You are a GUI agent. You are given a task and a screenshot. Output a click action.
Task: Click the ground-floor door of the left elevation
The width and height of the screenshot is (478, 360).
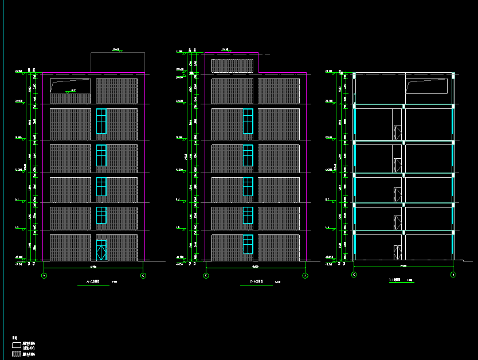(x=101, y=250)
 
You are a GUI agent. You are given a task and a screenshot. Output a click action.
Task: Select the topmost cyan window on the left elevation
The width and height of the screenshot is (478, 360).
(x=101, y=121)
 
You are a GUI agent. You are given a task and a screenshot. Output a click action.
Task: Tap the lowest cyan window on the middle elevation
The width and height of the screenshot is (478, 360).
(x=248, y=244)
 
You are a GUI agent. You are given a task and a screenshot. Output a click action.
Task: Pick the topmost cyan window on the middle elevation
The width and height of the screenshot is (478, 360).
(x=248, y=121)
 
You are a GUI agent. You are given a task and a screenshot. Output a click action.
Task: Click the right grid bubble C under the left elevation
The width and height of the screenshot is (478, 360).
(x=143, y=276)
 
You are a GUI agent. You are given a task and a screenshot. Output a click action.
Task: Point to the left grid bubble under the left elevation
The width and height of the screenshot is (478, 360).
(x=44, y=276)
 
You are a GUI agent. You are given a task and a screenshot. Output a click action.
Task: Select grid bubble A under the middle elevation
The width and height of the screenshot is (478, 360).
(x=305, y=276)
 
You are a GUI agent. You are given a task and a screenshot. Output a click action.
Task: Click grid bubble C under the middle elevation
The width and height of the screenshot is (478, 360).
(x=206, y=276)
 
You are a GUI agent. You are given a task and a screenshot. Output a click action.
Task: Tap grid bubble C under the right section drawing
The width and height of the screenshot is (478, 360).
(x=354, y=275)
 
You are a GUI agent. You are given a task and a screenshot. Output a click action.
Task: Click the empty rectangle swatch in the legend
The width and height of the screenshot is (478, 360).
(x=16, y=345)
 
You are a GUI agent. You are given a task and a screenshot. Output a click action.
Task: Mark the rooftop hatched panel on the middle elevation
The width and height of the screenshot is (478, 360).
(x=233, y=65)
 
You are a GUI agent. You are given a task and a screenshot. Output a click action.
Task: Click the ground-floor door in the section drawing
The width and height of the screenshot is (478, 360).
(x=397, y=252)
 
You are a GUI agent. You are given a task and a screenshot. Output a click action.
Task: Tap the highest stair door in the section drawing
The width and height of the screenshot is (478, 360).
(x=397, y=131)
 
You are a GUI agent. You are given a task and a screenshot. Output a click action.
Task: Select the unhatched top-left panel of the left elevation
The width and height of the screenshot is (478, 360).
(x=70, y=86)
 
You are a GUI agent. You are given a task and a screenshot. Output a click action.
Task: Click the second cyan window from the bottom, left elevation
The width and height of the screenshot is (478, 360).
(x=101, y=215)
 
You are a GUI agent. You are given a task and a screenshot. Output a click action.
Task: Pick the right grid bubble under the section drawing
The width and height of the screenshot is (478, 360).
(x=453, y=275)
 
